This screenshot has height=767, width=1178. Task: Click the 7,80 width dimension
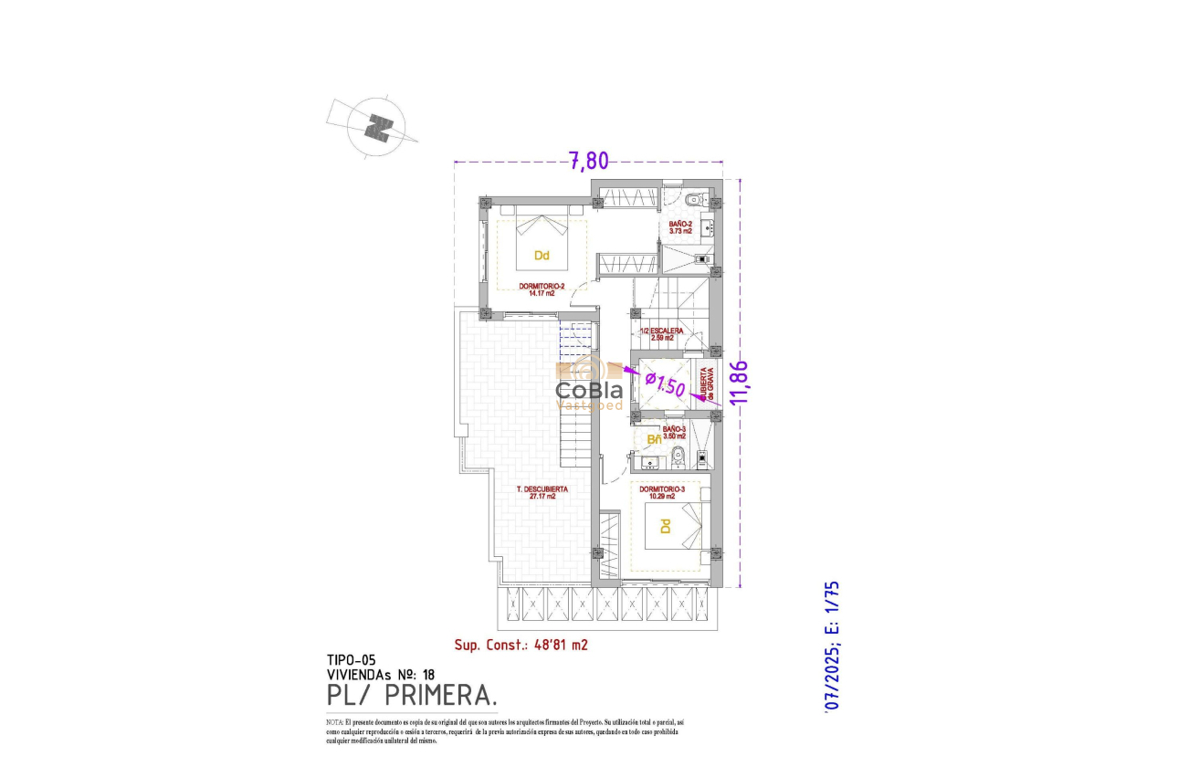click(x=589, y=161)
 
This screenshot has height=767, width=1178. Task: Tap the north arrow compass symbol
click(x=376, y=127)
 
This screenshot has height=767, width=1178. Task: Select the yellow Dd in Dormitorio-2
click(x=541, y=256)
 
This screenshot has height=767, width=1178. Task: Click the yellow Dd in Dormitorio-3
click(x=666, y=527)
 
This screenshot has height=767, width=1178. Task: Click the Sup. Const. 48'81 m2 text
click(x=521, y=645)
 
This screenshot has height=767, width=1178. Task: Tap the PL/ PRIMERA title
click(x=412, y=697)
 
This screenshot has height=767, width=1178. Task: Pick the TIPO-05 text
click(x=351, y=659)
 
